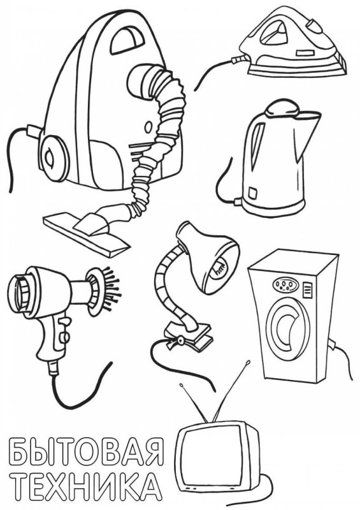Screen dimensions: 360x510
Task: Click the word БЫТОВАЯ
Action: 86,453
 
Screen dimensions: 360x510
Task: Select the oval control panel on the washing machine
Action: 285,285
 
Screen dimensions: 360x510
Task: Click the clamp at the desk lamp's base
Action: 189,335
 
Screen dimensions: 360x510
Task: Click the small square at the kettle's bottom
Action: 253,193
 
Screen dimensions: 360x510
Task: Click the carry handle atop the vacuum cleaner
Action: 127,40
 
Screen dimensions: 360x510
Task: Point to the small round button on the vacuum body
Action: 148,127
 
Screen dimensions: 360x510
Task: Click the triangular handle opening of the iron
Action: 273,32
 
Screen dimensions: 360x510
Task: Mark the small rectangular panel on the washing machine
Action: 307,290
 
